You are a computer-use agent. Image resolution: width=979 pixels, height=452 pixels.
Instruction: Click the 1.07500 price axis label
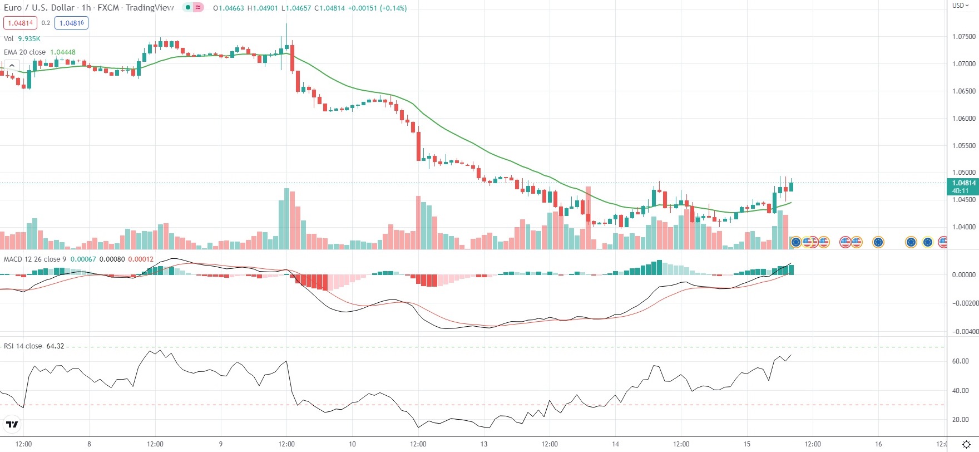pyautogui.click(x=963, y=37)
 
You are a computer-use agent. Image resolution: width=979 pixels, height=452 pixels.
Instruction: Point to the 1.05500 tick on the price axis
pyautogui.click(x=963, y=146)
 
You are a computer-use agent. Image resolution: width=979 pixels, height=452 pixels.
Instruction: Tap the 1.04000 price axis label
pyautogui.click(x=963, y=227)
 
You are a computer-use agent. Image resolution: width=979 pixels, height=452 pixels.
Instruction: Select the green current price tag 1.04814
pyautogui.click(x=963, y=183)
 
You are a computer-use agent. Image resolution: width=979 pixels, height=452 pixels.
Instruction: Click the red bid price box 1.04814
pyautogui.click(x=20, y=23)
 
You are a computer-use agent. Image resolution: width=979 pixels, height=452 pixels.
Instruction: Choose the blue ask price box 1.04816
pyautogui.click(x=71, y=23)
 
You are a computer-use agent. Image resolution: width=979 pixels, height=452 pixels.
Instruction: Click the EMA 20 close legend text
pyautogui.click(x=25, y=52)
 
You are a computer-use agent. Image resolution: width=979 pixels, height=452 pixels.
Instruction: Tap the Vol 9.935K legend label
pyautogui.click(x=22, y=39)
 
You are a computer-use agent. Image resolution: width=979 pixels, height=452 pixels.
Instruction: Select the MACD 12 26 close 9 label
pyautogui.click(x=35, y=259)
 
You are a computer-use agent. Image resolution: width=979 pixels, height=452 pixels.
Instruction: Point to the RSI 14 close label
pyautogui.click(x=23, y=346)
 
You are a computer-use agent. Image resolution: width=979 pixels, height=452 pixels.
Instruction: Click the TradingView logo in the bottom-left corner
pyautogui.click(x=12, y=425)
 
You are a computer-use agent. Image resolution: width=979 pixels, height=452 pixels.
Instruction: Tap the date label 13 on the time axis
pyautogui.click(x=484, y=444)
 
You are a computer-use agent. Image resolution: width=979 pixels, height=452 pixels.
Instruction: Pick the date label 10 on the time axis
pyautogui.click(x=352, y=444)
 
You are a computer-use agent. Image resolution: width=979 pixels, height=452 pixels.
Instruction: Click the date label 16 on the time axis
pyautogui.click(x=878, y=444)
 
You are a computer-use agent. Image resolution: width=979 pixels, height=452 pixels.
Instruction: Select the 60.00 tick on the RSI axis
pyautogui.click(x=961, y=361)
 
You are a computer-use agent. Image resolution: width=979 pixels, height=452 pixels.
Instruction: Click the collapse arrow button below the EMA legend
pyautogui.click(x=12, y=66)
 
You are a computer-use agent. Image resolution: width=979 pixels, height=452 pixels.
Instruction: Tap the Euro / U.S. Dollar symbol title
pyautogui.click(x=39, y=8)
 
